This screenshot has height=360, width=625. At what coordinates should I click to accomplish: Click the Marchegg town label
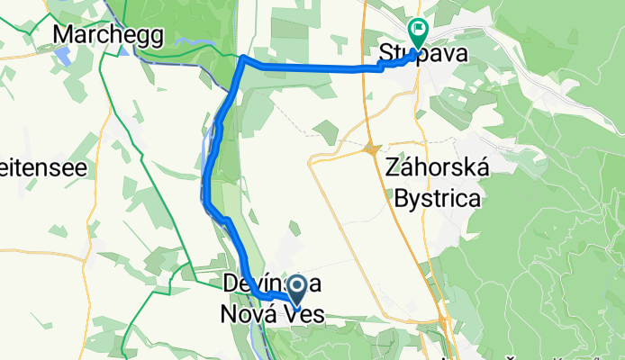tap(107, 34)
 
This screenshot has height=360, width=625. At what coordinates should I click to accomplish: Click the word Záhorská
tap(437, 168)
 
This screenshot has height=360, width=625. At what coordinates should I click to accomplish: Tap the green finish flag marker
tap(419, 33)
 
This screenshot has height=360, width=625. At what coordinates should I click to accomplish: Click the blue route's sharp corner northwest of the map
tap(243, 59)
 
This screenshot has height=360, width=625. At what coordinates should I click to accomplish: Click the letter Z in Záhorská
tap(392, 168)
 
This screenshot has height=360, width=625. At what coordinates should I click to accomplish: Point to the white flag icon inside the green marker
tap(419, 30)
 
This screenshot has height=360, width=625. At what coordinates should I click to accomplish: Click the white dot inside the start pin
tap(295, 284)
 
